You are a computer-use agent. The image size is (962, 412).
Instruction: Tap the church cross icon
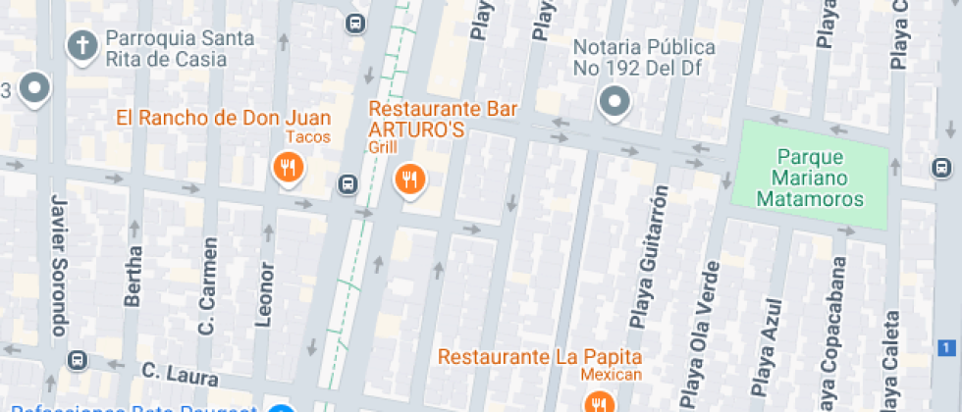pyautogui.click(x=83, y=44)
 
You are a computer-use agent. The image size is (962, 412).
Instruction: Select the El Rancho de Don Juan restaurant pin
pyautogui.click(x=288, y=167)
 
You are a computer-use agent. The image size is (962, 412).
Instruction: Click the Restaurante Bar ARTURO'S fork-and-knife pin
pyautogui.click(x=409, y=179)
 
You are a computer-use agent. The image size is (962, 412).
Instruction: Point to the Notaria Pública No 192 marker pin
pyautogui.click(x=615, y=101)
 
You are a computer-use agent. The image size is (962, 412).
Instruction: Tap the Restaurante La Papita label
pyautogui.click(x=540, y=355)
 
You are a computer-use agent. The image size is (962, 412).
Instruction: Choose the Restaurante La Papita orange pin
pyautogui.click(x=597, y=403)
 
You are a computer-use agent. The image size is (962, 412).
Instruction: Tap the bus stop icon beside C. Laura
pyautogui.click(x=78, y=359)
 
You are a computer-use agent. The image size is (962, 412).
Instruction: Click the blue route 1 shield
pyautogui.click(x=946, y=347)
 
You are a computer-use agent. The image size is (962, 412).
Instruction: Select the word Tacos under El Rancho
pyautogui.click(x=308, y=137)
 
